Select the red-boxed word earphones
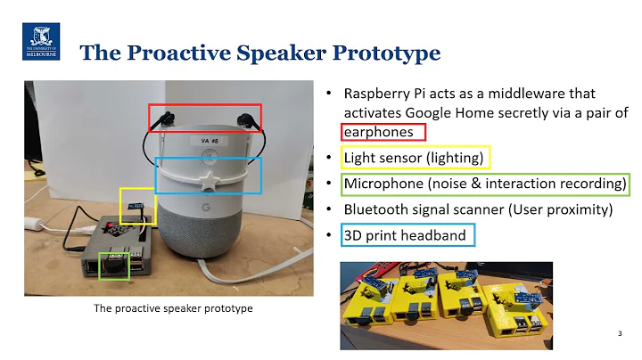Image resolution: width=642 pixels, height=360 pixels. pos(383,131)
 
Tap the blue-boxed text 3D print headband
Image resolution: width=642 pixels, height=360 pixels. pos(405,235)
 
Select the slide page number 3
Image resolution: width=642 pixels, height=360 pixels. pos(620,333)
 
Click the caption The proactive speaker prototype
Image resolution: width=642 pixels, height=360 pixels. pos(174,308)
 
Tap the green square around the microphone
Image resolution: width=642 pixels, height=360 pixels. pos(113,265)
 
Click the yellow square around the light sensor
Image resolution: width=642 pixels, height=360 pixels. pos(137,206)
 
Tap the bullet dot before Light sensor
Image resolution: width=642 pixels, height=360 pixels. pos(329,158)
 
